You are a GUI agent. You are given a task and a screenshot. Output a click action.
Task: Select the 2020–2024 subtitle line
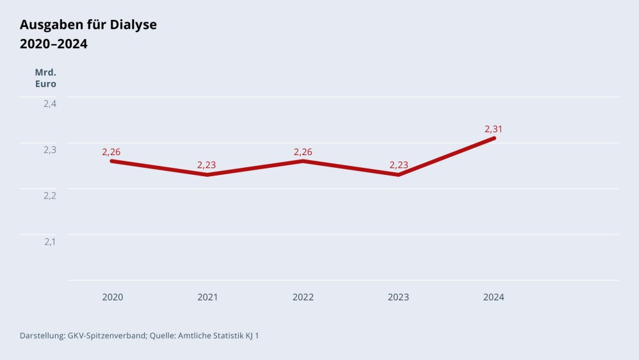point(54,44)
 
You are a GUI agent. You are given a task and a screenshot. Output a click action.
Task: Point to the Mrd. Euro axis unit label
point(45,78)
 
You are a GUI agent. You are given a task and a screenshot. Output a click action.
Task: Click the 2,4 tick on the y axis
point(50,104)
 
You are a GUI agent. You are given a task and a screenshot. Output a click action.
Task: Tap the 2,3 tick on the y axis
point(50,150)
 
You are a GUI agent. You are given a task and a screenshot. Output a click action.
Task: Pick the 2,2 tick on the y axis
point(50,195)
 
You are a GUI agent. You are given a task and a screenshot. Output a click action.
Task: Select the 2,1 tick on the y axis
point(50,241)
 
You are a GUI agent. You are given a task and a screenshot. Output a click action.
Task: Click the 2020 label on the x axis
point(113,297)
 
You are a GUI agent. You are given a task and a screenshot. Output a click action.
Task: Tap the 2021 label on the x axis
point(207,297)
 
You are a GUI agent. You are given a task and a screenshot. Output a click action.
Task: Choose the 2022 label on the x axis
point(303,297)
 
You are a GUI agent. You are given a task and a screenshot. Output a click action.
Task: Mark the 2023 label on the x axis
point(398,297)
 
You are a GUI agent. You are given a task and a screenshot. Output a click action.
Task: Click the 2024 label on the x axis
point(494,297)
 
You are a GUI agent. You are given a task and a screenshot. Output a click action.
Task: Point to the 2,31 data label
point(494,129)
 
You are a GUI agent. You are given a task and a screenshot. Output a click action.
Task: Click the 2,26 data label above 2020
point(111,152)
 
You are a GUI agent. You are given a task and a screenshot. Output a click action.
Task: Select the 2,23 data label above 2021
point(206,165)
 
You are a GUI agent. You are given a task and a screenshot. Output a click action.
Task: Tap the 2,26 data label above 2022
point(303,152)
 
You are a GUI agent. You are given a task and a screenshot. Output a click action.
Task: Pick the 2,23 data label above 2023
point(398,165)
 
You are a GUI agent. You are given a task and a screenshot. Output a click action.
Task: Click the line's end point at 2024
point(494,138)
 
